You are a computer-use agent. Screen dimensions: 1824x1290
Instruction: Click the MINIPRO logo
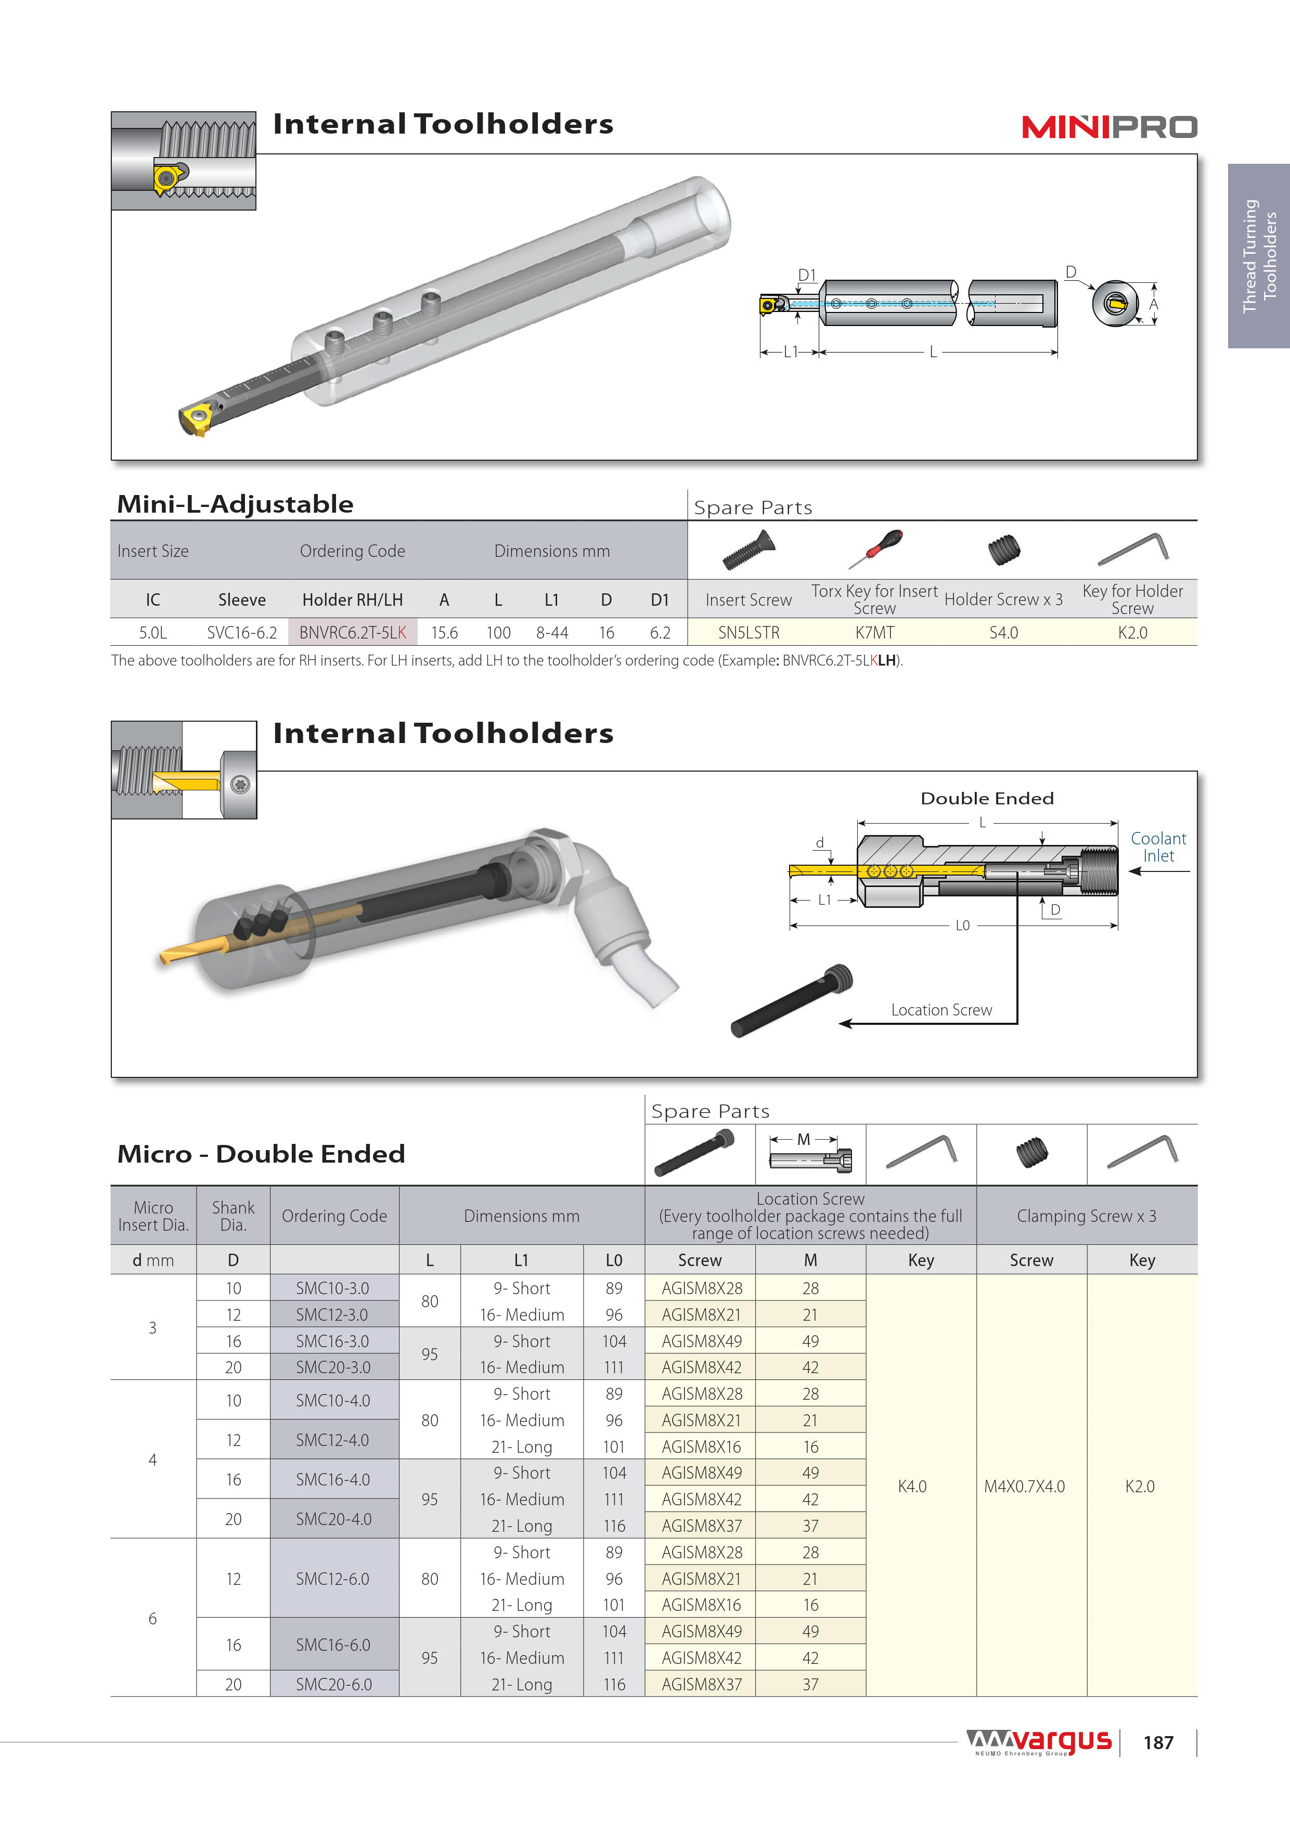point(1109,127)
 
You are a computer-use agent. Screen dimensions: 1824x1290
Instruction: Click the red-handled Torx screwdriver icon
point(875,548)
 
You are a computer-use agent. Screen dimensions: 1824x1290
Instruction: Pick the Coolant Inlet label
point(1158,847)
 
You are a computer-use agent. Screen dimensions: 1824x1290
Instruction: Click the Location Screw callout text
point(941,1010)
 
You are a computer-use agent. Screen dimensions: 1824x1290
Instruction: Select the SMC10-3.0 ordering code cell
point(333,1288)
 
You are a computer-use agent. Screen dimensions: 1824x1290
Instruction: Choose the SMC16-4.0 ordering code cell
point(333,1479)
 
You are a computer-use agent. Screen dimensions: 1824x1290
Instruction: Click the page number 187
point(1158,1742)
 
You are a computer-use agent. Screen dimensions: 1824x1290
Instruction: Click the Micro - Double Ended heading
point(261,1153)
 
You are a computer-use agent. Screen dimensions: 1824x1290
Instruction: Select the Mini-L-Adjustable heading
point(235,504)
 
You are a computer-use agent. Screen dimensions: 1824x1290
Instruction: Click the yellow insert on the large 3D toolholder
point(196,418)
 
